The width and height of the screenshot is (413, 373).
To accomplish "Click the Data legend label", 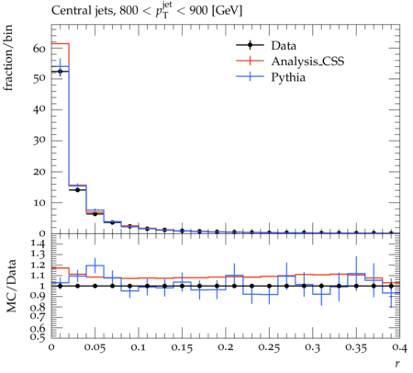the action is (284, 46).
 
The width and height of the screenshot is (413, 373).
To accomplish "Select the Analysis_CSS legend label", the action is (307, 62).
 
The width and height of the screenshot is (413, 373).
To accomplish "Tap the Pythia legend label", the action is (288, 77).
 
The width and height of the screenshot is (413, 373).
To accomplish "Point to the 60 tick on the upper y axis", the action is (39, 49).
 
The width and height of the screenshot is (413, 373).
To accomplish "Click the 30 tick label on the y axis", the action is (39, 141).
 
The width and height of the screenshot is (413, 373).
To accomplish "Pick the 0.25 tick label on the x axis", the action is (269, 348).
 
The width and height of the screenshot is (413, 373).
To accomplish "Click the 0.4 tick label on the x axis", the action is (400, 348).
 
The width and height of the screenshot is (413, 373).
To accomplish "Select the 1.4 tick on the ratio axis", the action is (39, 243).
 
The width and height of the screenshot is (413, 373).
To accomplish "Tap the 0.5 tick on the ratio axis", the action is (39, 337).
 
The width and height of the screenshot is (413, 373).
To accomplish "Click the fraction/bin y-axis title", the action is (8, 58).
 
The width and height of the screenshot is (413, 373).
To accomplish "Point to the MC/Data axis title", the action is (11, 286).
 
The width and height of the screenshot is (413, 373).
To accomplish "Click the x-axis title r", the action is (397, 364).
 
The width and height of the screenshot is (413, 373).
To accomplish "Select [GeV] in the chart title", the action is (227, 11).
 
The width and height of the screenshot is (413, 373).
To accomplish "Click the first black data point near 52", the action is (61, 72).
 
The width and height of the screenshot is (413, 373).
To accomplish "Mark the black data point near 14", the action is (77, 190).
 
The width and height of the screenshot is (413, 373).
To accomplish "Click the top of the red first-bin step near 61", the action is (61, 44).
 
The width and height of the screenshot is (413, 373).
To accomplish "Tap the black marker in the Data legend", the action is (250, 45).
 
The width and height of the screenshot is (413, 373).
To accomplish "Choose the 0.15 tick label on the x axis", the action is (182, 348).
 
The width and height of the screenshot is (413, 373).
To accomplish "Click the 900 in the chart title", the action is (197, 11).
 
